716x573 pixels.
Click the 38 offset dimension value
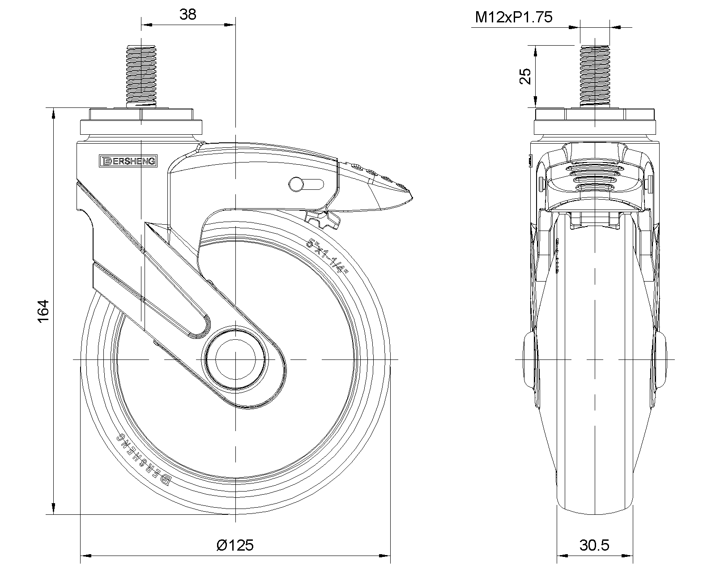[188, 15]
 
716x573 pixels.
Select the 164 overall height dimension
[43, 311]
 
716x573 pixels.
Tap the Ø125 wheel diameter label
[235, 545]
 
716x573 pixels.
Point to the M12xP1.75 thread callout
[514, 17]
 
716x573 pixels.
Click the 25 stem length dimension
[525, 77]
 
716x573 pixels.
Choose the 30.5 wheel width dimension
[595, 545]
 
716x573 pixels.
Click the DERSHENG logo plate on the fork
[128, 161]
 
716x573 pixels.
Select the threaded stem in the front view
[595, 76]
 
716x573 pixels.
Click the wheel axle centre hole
[235, 359]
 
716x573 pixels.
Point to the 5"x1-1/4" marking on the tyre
[328, 256]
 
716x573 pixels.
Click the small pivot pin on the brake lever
[296, 184]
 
